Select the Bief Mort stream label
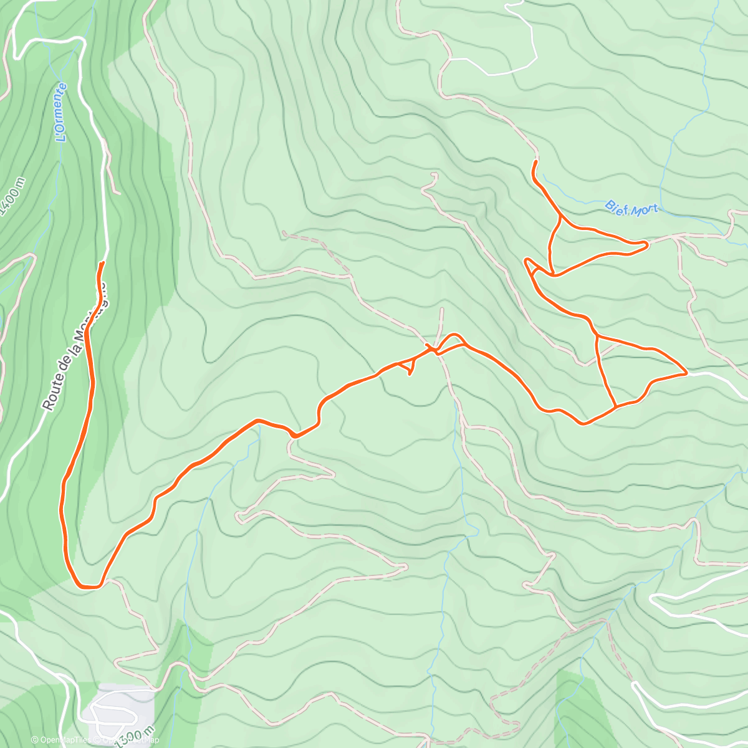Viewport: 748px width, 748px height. (631, 208)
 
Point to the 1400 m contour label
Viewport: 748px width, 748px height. (14, 195)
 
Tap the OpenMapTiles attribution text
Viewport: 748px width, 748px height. (62, 741)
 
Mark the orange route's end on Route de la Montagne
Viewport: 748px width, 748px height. (101, 264)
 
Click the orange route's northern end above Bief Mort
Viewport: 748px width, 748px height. (535, 162)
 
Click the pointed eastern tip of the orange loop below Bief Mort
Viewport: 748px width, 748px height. (647, 245)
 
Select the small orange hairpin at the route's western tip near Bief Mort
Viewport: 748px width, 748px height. (527, 262)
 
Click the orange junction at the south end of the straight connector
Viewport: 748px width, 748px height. (616, 407)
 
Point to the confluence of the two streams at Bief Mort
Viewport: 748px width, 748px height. (726, 236)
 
